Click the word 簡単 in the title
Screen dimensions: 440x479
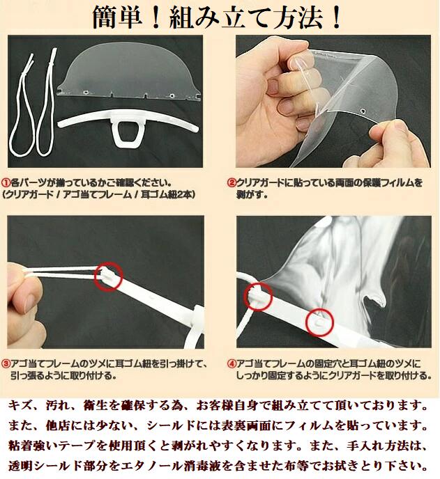coord(118,17)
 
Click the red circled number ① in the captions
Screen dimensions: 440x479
coord(6,183)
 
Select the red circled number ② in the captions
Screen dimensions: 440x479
coord(232,183)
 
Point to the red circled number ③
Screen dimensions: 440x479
coord(6,363)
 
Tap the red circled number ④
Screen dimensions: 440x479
coord(232,363)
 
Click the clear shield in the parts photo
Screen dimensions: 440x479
coord(128,70)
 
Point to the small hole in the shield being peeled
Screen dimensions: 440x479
coord(363,110)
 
